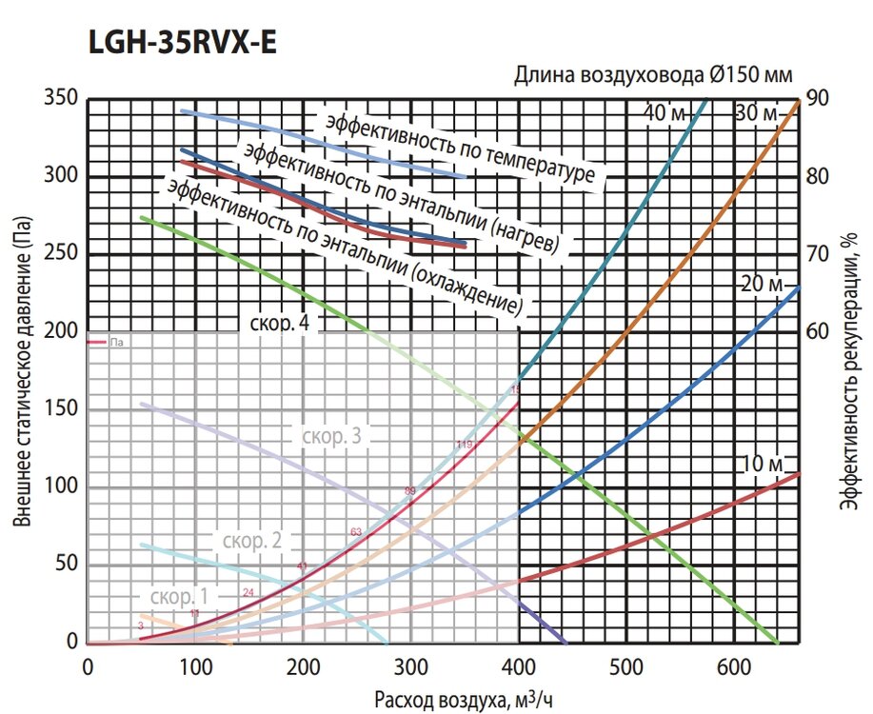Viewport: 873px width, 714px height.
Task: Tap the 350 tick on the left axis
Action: tap(61, 98)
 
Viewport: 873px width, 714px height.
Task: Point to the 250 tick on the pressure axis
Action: tap(61, 253)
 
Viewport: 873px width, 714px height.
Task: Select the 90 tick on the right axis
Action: tap(818, 98)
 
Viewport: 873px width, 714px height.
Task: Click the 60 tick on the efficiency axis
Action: tap(818, 331)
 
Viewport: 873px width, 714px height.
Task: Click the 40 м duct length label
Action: tap(665, 114)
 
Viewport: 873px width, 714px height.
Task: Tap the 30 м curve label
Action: tap(757, 114)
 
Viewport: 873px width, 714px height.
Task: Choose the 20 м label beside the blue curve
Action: tap(761, 285)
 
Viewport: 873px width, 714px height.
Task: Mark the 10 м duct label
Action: tap(762, 464)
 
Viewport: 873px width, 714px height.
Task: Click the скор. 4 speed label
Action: tap(280, 324)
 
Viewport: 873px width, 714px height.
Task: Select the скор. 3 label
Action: tap(331, 437)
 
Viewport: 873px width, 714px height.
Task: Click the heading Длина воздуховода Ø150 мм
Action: tap(653, 75)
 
